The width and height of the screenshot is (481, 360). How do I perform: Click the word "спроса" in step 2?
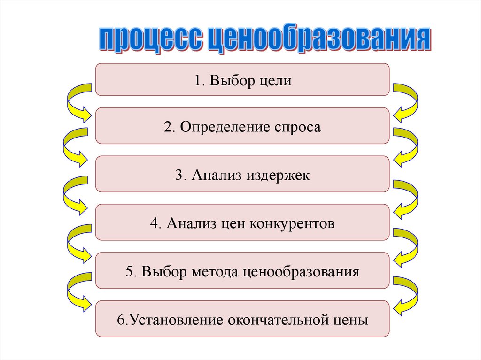(x=297, y=127)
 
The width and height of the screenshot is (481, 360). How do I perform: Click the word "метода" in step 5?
(x=216, y=271)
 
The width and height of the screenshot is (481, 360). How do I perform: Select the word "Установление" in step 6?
(x=176, y=320)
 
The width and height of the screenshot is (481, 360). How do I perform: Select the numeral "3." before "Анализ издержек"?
(x=181, y=175)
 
